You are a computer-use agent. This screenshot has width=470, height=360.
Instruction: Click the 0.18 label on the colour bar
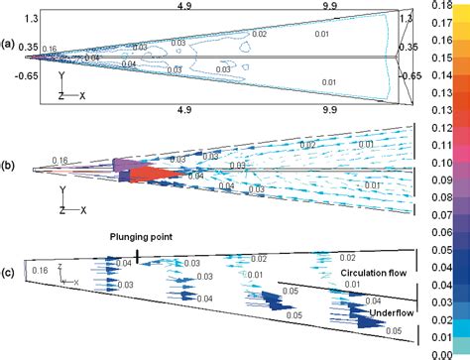(x=451, y=6)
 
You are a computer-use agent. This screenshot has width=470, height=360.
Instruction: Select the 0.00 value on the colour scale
(x=451, y=352)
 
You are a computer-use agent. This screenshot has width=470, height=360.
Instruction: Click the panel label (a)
(x=9, y=44)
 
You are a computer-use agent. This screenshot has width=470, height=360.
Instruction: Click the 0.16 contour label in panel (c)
(x=40, y=270)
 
